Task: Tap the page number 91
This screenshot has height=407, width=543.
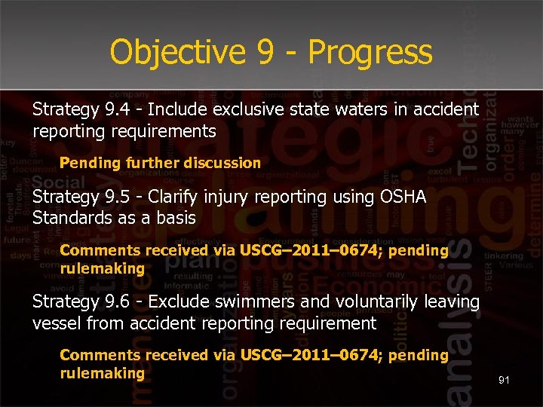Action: click(x=504, y=381)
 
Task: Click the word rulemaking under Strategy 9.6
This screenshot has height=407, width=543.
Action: click(x=102, y=373)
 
